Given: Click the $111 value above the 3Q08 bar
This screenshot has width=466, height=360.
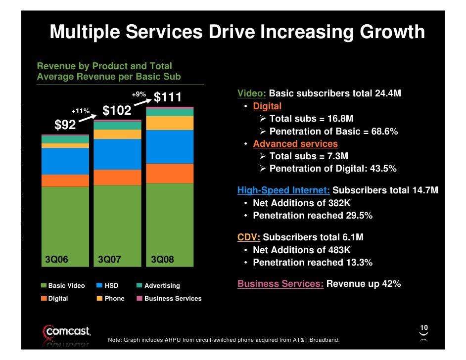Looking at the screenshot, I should tap(168, 97).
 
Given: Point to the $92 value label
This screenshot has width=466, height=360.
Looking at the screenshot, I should tap(65, 126).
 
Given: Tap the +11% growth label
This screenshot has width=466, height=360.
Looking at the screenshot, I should tap(80, 111).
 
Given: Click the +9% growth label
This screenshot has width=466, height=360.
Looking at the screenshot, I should tap(139, 94).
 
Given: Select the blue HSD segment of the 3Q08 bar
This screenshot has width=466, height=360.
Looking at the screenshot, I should tap(170, 146).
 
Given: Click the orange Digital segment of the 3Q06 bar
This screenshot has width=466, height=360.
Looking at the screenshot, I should tap(65, 180).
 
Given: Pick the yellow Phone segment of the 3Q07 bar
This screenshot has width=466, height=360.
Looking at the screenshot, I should tap(117, 134).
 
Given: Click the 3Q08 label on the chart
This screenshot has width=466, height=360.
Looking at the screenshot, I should tap(162, 259).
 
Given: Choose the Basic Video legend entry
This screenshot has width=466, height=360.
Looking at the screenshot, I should tap(63, 286).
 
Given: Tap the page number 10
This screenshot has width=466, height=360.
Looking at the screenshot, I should tap(424, 328).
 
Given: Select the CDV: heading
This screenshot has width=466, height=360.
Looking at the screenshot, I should tap(249, 237).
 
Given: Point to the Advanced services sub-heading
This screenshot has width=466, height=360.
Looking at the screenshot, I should tap(295, 144).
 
